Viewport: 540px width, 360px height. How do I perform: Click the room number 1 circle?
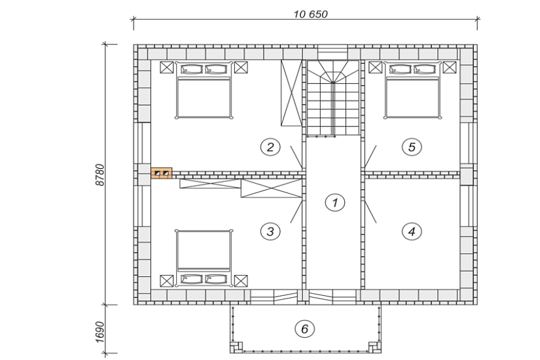click(334, 203)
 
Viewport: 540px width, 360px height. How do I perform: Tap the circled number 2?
click(270, 147)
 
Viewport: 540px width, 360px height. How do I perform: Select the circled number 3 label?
click(270, 231)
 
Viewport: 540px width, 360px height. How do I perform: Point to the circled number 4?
click(411, 231)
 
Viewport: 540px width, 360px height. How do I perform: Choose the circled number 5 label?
click(411, 147)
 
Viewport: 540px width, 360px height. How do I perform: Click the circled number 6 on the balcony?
click(304, 329)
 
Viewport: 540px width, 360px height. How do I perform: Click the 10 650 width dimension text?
click(310, 14)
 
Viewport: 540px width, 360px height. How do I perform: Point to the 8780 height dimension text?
click(100, 175)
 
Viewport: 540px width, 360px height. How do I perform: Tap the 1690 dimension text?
click(100, 331)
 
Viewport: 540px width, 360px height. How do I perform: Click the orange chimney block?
click(162, 173)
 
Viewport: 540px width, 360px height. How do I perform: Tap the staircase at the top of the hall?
click(334, 98)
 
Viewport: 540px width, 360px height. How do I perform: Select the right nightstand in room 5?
click(450, 67)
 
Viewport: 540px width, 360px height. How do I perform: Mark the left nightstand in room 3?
click(166, 280)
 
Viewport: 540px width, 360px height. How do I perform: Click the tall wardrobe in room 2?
click(290, 93)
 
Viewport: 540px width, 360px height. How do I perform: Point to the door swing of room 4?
click(370, 211)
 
